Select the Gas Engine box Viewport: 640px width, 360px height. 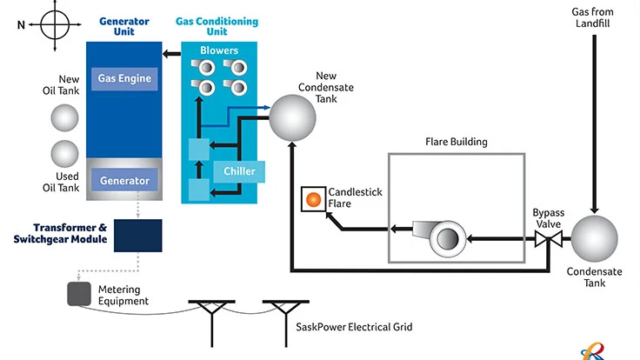123,78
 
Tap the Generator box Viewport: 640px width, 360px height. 123,182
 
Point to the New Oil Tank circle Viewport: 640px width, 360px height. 63,117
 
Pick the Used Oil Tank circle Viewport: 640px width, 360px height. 63,153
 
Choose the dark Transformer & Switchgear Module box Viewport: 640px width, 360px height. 137,234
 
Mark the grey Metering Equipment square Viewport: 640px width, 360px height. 81,294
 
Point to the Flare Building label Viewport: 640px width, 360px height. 456,142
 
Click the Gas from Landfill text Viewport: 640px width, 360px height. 595,17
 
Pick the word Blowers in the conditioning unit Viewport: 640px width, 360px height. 218,50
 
